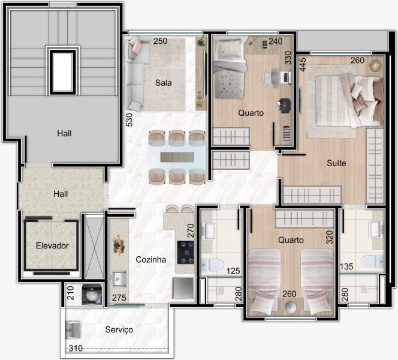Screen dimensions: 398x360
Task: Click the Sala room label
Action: (163, 83)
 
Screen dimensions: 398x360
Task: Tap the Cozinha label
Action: (151, 260)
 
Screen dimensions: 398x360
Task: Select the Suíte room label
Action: (336, 163)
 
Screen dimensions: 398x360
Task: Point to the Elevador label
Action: (52, 245)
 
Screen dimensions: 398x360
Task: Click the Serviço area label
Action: (119, 330)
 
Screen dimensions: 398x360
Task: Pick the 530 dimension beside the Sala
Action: (129, 120)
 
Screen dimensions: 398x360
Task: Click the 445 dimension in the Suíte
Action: (303, 65)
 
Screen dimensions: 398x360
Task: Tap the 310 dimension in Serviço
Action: (76, 349)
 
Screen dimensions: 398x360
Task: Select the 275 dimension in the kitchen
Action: (119, 298)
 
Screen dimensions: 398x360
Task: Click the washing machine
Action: (92, 295)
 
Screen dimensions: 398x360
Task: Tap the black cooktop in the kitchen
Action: (186, 253)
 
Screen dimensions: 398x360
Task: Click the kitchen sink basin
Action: (119, 279)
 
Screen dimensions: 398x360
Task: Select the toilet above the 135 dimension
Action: (372, 262)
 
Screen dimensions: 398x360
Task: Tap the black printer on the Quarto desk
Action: (284, 106)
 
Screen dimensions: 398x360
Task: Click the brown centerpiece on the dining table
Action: (177, 157)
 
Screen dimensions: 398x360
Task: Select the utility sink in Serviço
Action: (73, 330)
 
